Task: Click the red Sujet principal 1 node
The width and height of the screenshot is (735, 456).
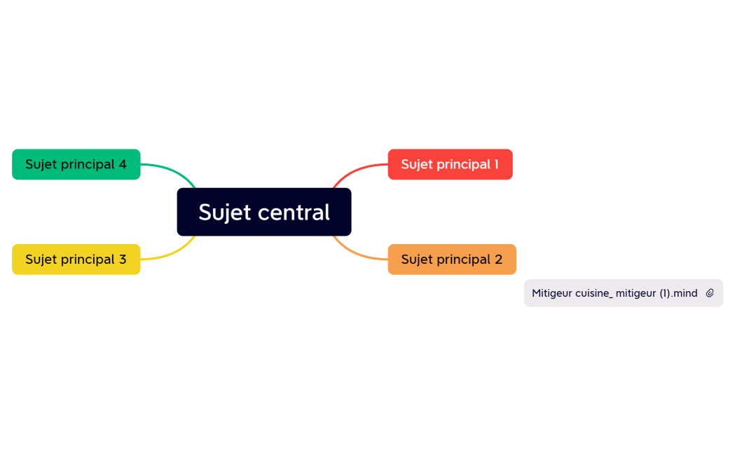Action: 450,164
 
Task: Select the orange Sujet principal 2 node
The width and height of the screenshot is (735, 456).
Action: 452,260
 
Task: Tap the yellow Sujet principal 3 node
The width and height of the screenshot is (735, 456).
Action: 76,260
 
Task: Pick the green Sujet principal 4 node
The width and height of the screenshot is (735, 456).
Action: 76,164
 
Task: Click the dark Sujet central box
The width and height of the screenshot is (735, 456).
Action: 263,212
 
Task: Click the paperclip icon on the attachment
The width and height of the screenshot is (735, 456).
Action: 710,293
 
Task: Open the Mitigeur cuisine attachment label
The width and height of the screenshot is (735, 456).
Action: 614,293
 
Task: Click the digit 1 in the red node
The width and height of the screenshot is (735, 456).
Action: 495,164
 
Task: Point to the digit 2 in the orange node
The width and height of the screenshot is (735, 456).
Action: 498,260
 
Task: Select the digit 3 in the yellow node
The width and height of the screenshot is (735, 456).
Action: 123,260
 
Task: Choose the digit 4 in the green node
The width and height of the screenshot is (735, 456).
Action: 123,164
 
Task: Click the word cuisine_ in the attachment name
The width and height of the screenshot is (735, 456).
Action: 593,293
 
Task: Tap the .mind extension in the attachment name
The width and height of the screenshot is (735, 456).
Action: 684,293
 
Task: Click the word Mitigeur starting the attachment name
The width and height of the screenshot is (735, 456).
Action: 551,293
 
